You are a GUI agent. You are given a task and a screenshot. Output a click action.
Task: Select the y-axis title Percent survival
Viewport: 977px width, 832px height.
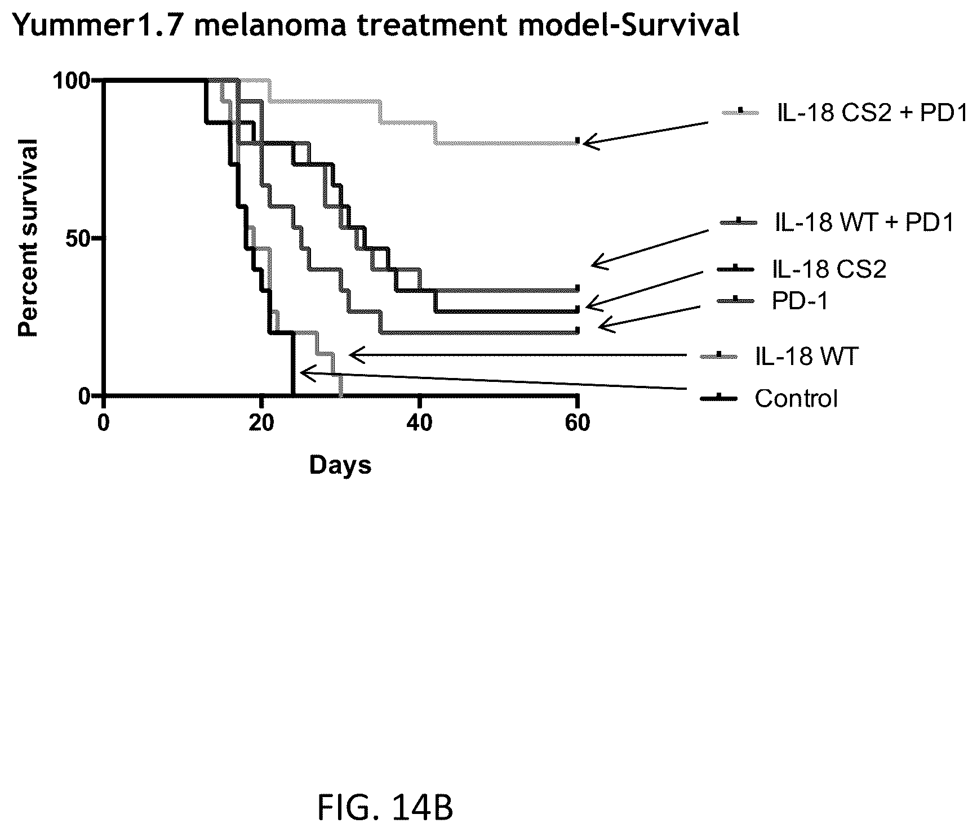(x=28, y=238)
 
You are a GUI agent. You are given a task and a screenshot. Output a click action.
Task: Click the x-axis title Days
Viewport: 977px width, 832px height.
(x=340, y=465)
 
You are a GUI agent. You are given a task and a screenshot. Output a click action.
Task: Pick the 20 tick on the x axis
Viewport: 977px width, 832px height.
(x=261, y=422)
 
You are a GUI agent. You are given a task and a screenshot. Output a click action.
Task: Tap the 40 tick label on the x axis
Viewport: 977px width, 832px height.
(x=419, y=422)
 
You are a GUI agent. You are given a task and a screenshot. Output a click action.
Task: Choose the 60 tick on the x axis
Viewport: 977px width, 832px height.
(x=578, y=422)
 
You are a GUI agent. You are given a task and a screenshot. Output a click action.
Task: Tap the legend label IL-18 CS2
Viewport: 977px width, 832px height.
(x=829, y=269)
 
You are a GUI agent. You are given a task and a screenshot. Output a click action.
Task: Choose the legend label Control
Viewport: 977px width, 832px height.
(x=796, y=399)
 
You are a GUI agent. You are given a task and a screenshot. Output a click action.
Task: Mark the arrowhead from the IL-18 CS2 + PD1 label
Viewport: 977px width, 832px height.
(x=588, y=143)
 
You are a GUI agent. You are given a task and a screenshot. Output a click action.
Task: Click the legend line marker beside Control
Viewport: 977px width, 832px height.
(x=719, y=399)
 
